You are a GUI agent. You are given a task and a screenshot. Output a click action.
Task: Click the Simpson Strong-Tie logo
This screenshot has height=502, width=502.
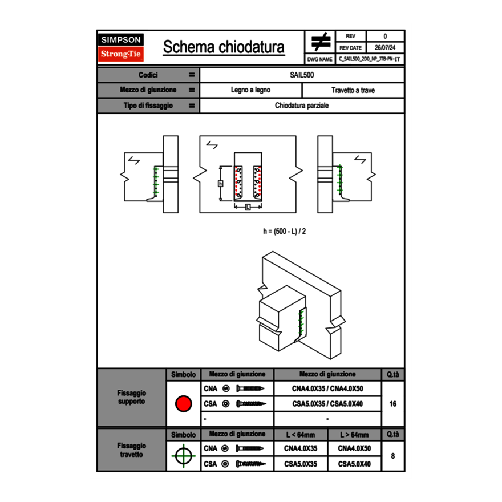(122, 47)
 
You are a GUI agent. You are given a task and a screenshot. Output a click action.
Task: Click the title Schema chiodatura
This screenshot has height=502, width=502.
(224, 47)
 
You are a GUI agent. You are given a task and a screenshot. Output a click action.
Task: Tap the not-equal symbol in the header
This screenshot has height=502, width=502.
(321, 42)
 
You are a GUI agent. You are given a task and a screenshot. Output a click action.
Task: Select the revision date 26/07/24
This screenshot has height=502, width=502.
(385, 48)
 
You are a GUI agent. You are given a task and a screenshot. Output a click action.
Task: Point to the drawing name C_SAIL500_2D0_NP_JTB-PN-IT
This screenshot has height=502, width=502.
(370, 59)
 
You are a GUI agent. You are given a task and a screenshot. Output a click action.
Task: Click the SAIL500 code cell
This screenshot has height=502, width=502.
(302, 75)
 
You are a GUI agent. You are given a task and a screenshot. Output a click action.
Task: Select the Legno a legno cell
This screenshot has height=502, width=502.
(250, 90)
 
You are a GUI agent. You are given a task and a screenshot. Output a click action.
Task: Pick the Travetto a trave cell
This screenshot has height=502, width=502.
(353, 90)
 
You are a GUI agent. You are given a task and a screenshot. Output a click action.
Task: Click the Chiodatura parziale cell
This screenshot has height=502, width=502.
(302, 106)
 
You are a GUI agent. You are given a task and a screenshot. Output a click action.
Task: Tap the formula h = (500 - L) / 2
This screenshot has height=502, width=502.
(284, 232)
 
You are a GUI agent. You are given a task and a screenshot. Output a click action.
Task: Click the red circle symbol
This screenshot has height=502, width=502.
(183, 404)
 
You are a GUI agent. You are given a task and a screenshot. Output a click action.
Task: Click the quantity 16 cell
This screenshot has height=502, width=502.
(392, 404)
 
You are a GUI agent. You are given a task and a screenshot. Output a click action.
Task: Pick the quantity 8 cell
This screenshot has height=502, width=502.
(392, 456)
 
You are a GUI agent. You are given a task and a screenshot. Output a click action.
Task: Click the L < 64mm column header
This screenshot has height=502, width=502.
(301, 435)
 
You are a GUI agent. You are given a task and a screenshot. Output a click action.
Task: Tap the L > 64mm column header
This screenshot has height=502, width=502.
(354, 435)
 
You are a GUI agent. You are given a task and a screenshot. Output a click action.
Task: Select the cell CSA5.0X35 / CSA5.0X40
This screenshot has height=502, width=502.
(327, 404)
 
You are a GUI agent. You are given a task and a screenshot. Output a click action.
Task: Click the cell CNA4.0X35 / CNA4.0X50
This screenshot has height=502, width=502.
(327, 389)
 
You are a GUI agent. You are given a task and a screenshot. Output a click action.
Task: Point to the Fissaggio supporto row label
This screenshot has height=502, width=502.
(131, 397)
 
